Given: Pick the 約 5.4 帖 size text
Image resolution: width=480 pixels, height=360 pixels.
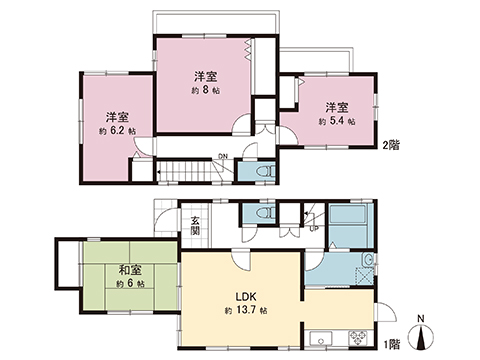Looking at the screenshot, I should (x=335, y=120).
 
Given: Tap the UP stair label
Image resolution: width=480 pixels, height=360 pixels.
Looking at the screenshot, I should (x=316, y=228).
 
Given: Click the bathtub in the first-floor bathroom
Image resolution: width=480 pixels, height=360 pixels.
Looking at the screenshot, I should (x=348, y=227).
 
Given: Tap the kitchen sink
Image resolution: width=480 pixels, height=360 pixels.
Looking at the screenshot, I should (x=325, y=335).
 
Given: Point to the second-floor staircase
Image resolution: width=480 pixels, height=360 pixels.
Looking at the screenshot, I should (x=190, y=172).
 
